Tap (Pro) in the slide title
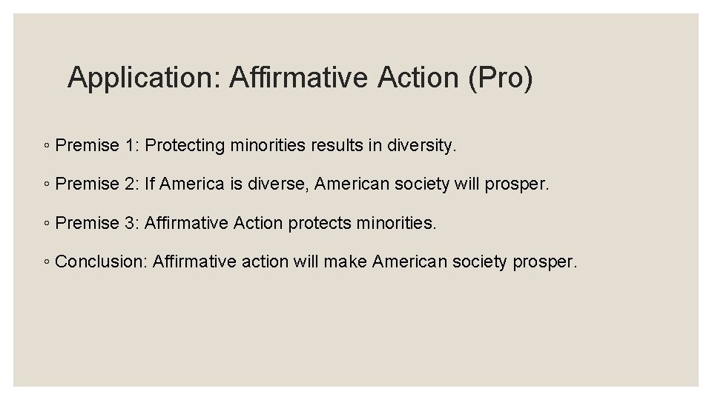click(500, 78)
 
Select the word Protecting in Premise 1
click(185, 145)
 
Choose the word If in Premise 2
click(150, 184)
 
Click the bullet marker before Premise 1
click(46, 146)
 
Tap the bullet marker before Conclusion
click(46, 261)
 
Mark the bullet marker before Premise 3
click(46, 223)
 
